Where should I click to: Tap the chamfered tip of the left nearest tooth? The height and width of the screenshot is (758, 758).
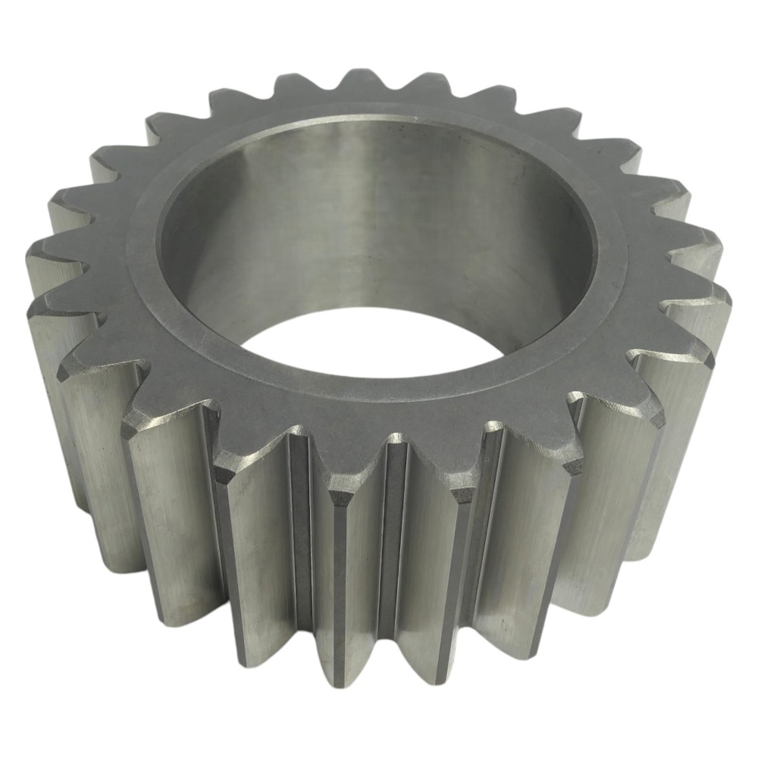(x=341, y=496)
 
